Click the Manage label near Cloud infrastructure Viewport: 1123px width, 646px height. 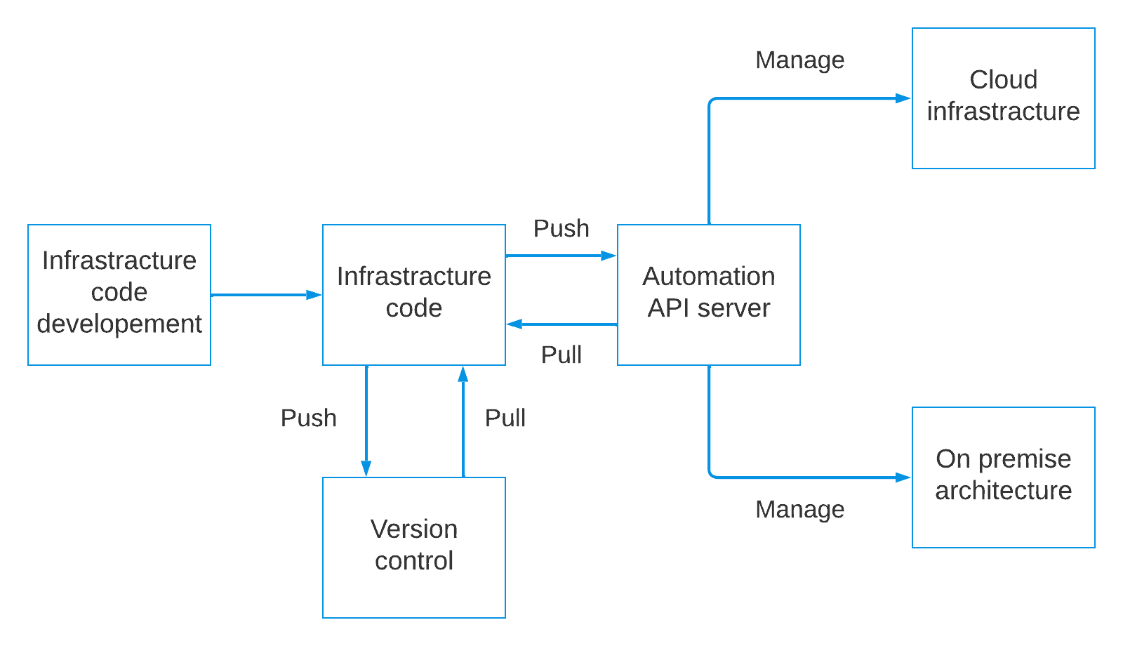coord(799,60)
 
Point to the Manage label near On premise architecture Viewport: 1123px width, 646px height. coord(799,510)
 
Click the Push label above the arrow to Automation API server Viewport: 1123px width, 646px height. coord(561,228)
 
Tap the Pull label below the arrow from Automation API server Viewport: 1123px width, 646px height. coord(561,355)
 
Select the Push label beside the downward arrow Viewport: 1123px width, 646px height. coord(309,418)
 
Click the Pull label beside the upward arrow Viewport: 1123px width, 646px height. coord(505,418)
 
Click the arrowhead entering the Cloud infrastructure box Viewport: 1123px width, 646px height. coord(904,98)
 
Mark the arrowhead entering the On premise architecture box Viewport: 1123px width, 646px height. coord(904,477)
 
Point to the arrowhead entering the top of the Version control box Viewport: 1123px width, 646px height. coord(366,469)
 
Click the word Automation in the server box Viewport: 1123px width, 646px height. coord(708,276)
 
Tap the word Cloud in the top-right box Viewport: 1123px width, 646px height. coord(1003,79)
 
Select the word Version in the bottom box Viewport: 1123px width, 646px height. coord(413,529)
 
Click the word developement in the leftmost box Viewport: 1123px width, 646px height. coord(119,324)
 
